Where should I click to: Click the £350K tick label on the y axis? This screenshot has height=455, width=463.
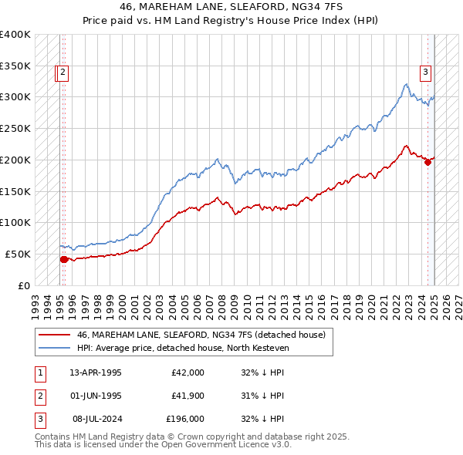(x=15, y=66)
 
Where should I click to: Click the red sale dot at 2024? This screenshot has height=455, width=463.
(x=428, y=162)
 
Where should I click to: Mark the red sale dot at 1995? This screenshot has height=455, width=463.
(x=63, y=259)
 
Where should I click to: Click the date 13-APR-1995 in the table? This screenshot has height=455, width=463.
(x=96, y=372)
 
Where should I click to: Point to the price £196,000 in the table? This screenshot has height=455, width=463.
(x=184, y=420)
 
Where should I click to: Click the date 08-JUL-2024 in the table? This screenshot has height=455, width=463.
(x=96, y=420)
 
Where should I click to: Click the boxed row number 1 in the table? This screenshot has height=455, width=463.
(x=40, y=372)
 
